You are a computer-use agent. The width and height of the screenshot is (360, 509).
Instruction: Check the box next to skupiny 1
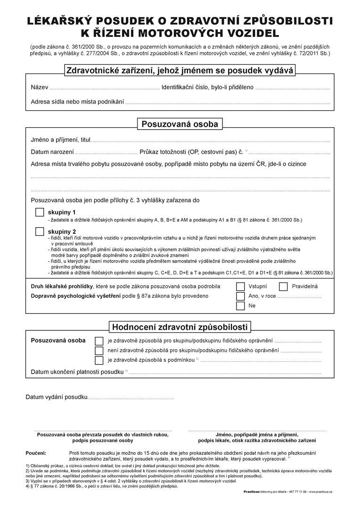point(40,213)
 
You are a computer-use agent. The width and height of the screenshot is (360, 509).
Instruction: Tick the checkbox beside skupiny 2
point(40,232)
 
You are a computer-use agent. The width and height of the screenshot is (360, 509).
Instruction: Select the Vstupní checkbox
point(240,287)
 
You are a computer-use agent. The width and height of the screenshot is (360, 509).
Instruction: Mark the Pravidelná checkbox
point(283,287)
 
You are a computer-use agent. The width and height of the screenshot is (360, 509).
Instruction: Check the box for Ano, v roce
point(240,296)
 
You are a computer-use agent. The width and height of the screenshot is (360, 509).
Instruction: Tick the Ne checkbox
point(240,306)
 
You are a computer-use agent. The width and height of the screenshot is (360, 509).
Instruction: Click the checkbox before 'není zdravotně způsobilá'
point(99,351)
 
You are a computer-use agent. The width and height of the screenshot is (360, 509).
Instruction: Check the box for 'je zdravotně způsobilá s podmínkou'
point(99,361)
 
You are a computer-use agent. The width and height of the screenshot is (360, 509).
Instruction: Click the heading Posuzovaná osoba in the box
point(180,124)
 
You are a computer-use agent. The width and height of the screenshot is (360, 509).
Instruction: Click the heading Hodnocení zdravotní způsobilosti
point(180,327)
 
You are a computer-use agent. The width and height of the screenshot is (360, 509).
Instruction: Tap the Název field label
point(39,88)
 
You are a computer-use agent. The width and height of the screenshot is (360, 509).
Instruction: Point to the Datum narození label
point(52,152)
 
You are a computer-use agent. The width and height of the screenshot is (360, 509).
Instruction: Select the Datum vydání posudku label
point(56,397)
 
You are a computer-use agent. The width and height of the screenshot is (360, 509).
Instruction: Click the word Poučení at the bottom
point(36,452)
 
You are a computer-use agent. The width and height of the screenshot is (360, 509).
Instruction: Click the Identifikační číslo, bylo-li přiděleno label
point(207,88)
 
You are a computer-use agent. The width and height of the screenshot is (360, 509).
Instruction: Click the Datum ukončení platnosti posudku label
point(77,372)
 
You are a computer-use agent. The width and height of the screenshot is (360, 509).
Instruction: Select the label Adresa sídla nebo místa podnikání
point(77,102)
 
